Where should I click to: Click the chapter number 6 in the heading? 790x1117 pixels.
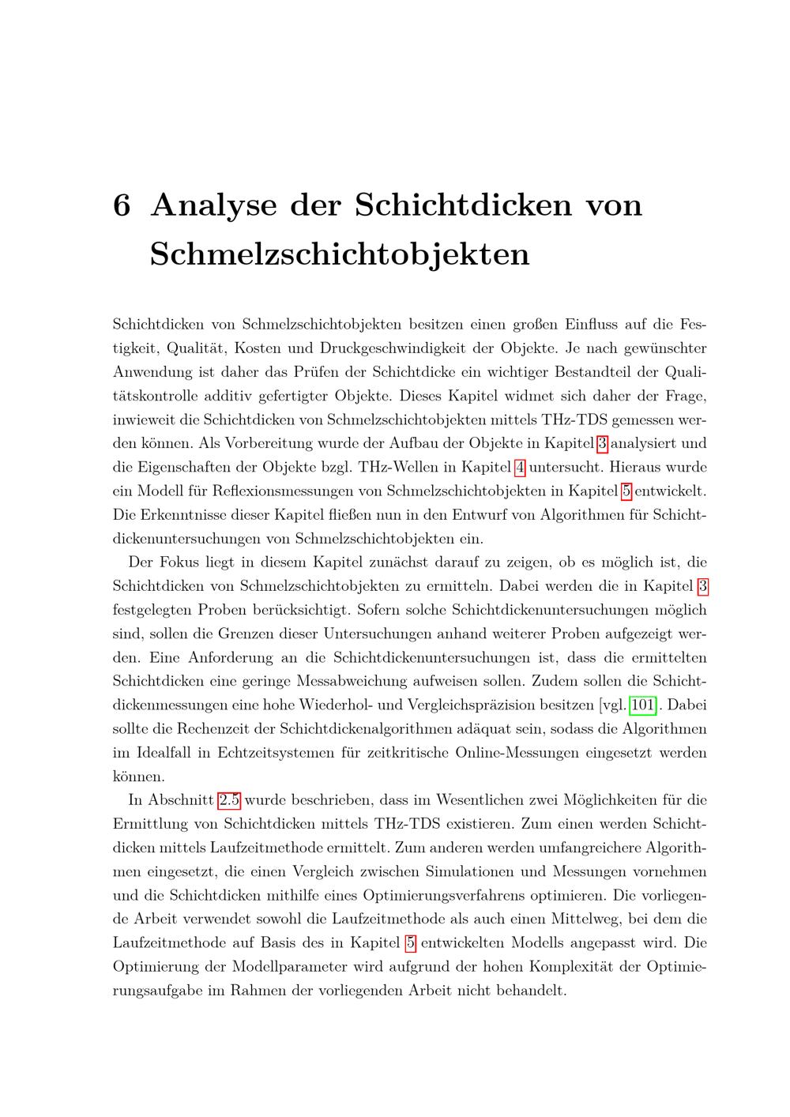pos(122,205)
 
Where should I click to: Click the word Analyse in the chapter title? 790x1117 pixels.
pos(213,205)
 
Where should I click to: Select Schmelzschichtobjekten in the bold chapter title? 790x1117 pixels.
pos(340,254)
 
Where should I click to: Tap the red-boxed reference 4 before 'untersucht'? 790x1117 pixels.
pos(520,467)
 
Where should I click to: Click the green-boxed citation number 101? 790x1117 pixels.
pos(641,705)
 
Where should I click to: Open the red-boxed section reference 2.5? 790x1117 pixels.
pos(229,800)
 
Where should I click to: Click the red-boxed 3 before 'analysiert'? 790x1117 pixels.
pos(603,443)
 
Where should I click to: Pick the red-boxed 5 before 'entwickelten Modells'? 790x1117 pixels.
pos(410,942)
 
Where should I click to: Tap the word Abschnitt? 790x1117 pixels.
pos(178,800)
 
